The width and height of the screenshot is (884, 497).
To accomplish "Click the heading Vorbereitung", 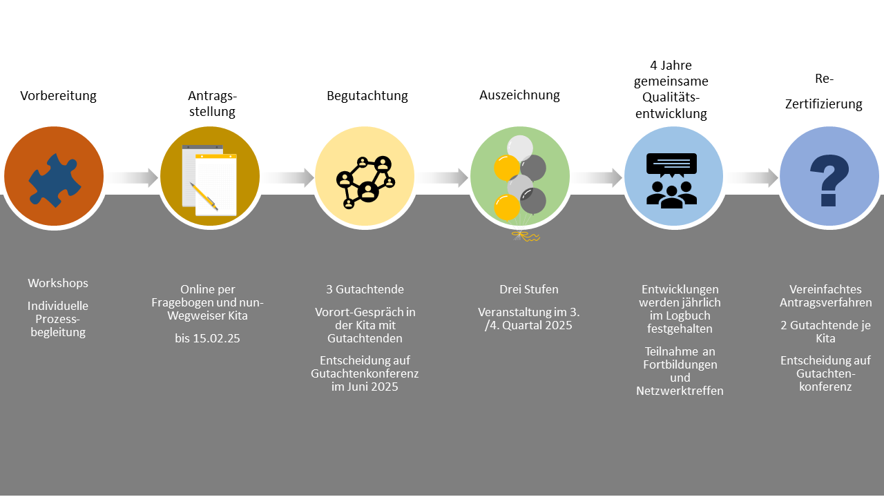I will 58,96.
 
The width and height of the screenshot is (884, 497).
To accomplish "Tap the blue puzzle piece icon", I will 55,179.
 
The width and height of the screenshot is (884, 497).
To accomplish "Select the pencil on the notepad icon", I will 204,196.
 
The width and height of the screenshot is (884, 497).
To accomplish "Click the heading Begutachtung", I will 367,96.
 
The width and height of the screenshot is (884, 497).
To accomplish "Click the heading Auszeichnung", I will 519,95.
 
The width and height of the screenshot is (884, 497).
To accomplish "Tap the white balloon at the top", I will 520,148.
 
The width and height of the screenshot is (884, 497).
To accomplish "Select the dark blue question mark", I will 829,180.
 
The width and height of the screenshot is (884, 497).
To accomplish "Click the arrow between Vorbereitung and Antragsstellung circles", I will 133,177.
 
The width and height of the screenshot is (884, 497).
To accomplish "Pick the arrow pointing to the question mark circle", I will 752,177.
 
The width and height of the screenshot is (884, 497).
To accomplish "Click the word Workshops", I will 58,283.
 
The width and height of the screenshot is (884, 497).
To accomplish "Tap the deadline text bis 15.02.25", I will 207,338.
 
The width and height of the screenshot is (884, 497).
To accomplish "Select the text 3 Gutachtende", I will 365,289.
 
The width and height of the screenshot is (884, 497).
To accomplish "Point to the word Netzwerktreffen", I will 680,391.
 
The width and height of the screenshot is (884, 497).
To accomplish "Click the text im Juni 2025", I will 365,387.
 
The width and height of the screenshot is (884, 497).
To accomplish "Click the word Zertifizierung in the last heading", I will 823,104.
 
